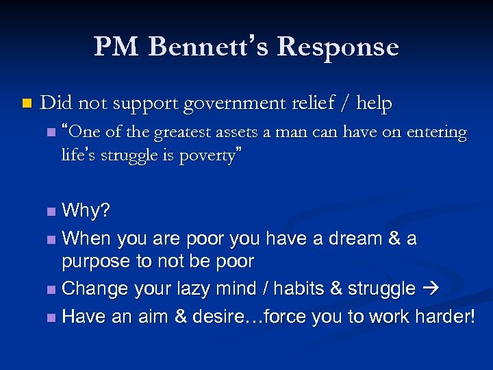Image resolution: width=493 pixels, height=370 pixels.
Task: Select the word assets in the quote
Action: point(257,133)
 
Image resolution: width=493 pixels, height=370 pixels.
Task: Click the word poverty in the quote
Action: point(207,156)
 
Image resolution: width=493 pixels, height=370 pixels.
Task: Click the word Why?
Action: point(86,210)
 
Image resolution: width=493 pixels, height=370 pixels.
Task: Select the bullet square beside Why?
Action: point(52,211)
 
